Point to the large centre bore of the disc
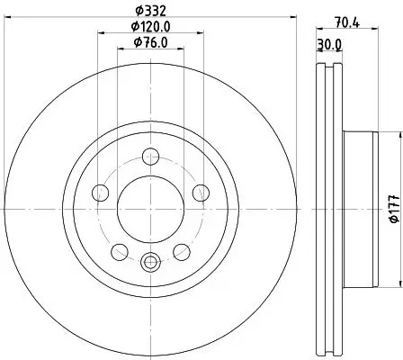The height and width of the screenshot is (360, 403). point(150,206)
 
